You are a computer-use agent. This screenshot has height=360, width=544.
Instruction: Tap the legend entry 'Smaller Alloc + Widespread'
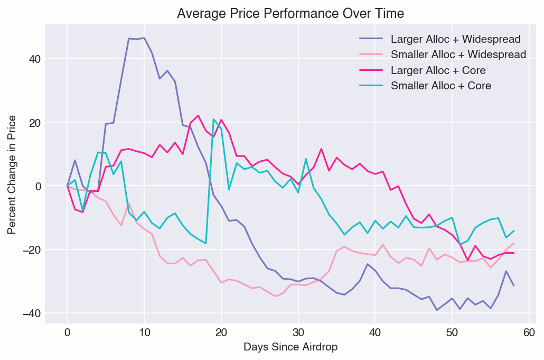click(x=458, y=54)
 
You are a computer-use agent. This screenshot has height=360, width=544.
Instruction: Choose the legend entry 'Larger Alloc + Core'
click(x=438, y=70)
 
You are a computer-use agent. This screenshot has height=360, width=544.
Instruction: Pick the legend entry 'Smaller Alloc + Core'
click(x=440, y=86)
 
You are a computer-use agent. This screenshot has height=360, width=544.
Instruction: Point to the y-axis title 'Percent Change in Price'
click(x=12, y=174)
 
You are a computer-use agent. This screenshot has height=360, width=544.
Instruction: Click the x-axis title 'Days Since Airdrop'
click(x=290, y=347)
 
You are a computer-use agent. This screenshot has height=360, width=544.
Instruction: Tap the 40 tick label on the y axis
click(x=34, y=59)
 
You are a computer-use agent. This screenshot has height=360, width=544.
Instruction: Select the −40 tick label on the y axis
click(x=31, y=313)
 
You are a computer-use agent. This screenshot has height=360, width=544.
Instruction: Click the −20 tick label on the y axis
click(x=31, y=250)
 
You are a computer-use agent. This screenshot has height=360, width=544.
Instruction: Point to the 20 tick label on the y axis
click(x=34, y=123)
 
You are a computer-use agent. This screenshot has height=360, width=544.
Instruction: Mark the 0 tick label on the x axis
click(x=67, y=333)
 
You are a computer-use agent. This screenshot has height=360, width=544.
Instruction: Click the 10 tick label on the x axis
click(x=144, y=333)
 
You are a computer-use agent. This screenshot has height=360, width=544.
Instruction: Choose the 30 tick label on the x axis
click(x=298, y=333)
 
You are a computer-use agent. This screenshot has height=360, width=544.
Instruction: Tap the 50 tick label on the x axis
click(x=452, y=333)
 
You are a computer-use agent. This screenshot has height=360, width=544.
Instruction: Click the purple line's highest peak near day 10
click(x=144, y=38)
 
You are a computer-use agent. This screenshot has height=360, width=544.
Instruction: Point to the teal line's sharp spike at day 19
click(x=213, y=119)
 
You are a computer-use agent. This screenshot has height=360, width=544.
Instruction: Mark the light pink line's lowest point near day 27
click(x=275, y=296)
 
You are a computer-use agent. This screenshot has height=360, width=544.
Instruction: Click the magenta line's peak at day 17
click(x=198, y=116)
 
